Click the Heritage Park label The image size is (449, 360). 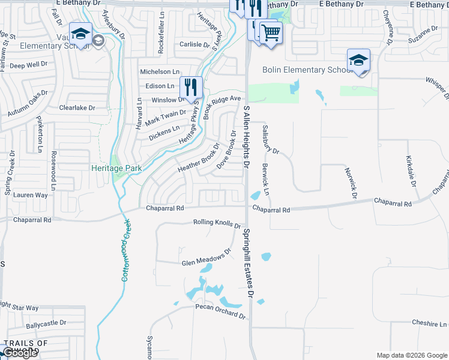[x=116, y=169]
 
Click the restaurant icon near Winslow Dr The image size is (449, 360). [x=191, y=88]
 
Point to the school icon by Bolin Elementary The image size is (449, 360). [x=358, y=61]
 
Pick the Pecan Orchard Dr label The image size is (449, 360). [x=220, y=311]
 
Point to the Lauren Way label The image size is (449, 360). [x=30, y=195]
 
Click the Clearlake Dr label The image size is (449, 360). [x=77, y=108]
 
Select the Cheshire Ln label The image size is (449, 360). [x=429, y=323]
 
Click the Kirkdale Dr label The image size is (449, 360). [x=411, y=172]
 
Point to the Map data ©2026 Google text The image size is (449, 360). [x=411, y=355]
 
